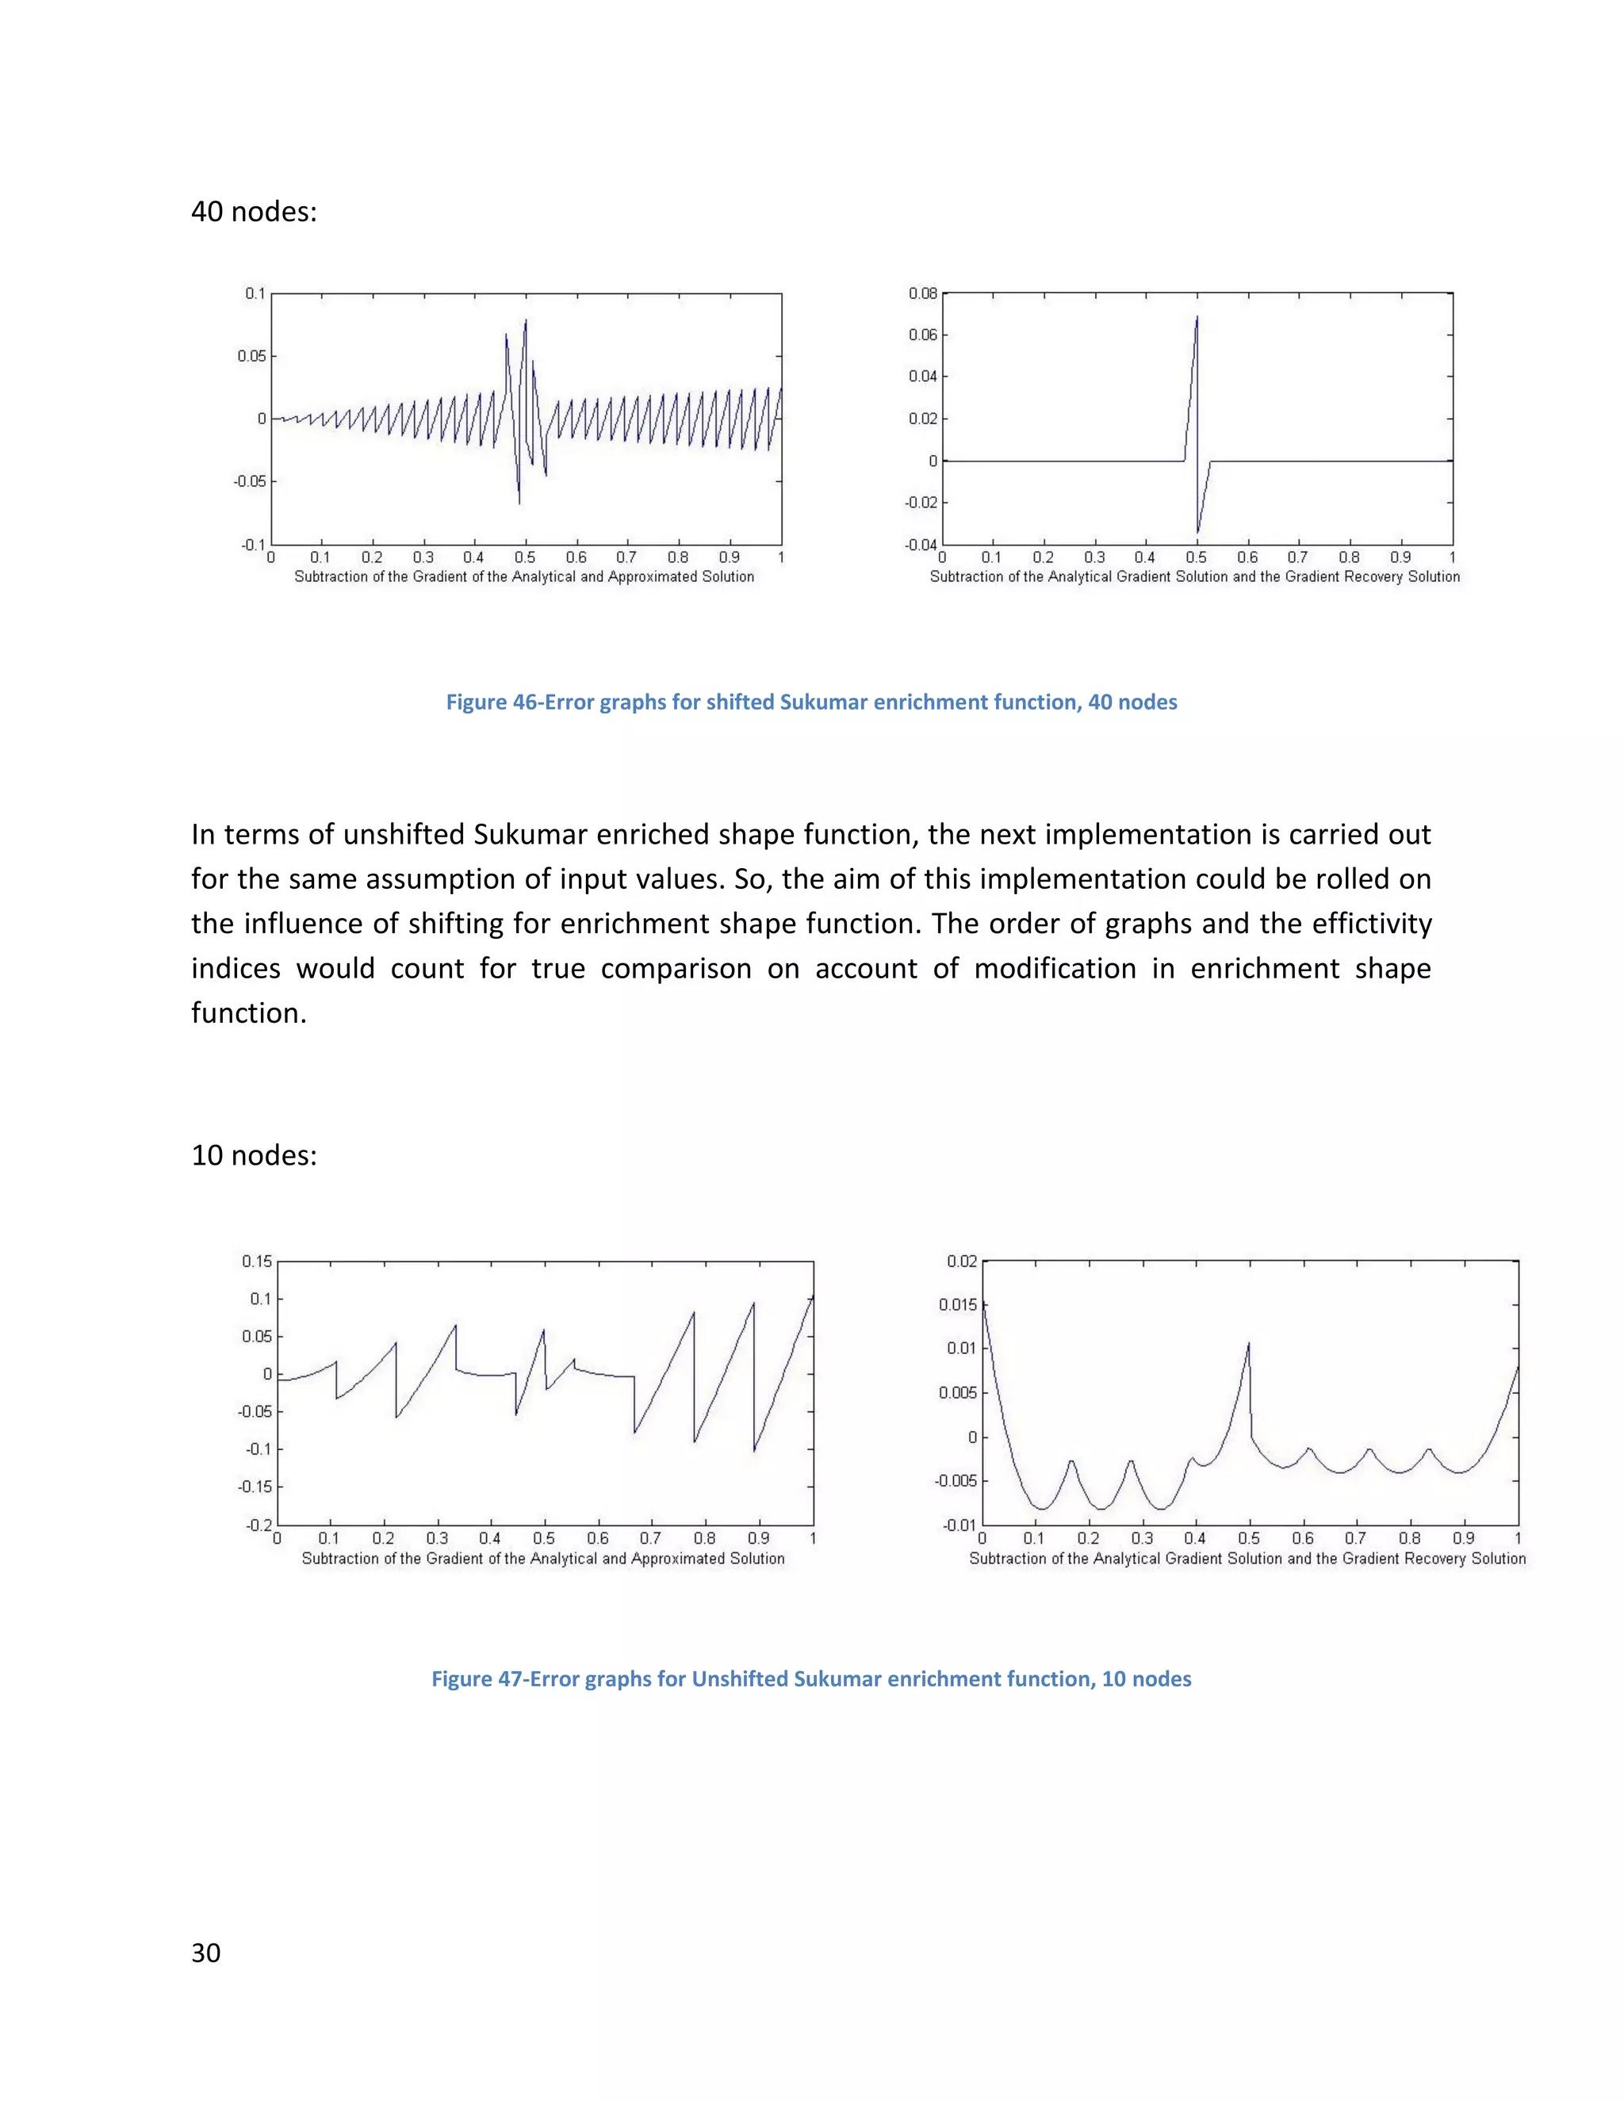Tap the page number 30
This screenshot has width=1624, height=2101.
[x=206, y=1953]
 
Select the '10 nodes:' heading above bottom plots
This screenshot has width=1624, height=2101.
[x=254, y=1154]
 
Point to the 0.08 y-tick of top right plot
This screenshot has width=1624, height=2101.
[x=923, y=293]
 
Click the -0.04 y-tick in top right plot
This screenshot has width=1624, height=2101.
[x=921, y=545]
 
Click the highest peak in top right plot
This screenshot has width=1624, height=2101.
[x=1197, y=317]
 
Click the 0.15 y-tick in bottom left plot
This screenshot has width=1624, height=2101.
[x=257, y=1261]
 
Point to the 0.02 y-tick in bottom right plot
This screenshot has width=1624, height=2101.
[x=961, y=1261]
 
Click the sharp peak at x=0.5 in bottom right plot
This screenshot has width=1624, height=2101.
[x=1249, y=1344]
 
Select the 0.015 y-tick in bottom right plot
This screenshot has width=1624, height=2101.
[x=957, y=1306]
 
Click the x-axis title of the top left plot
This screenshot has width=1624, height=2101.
[x=524, y=577]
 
